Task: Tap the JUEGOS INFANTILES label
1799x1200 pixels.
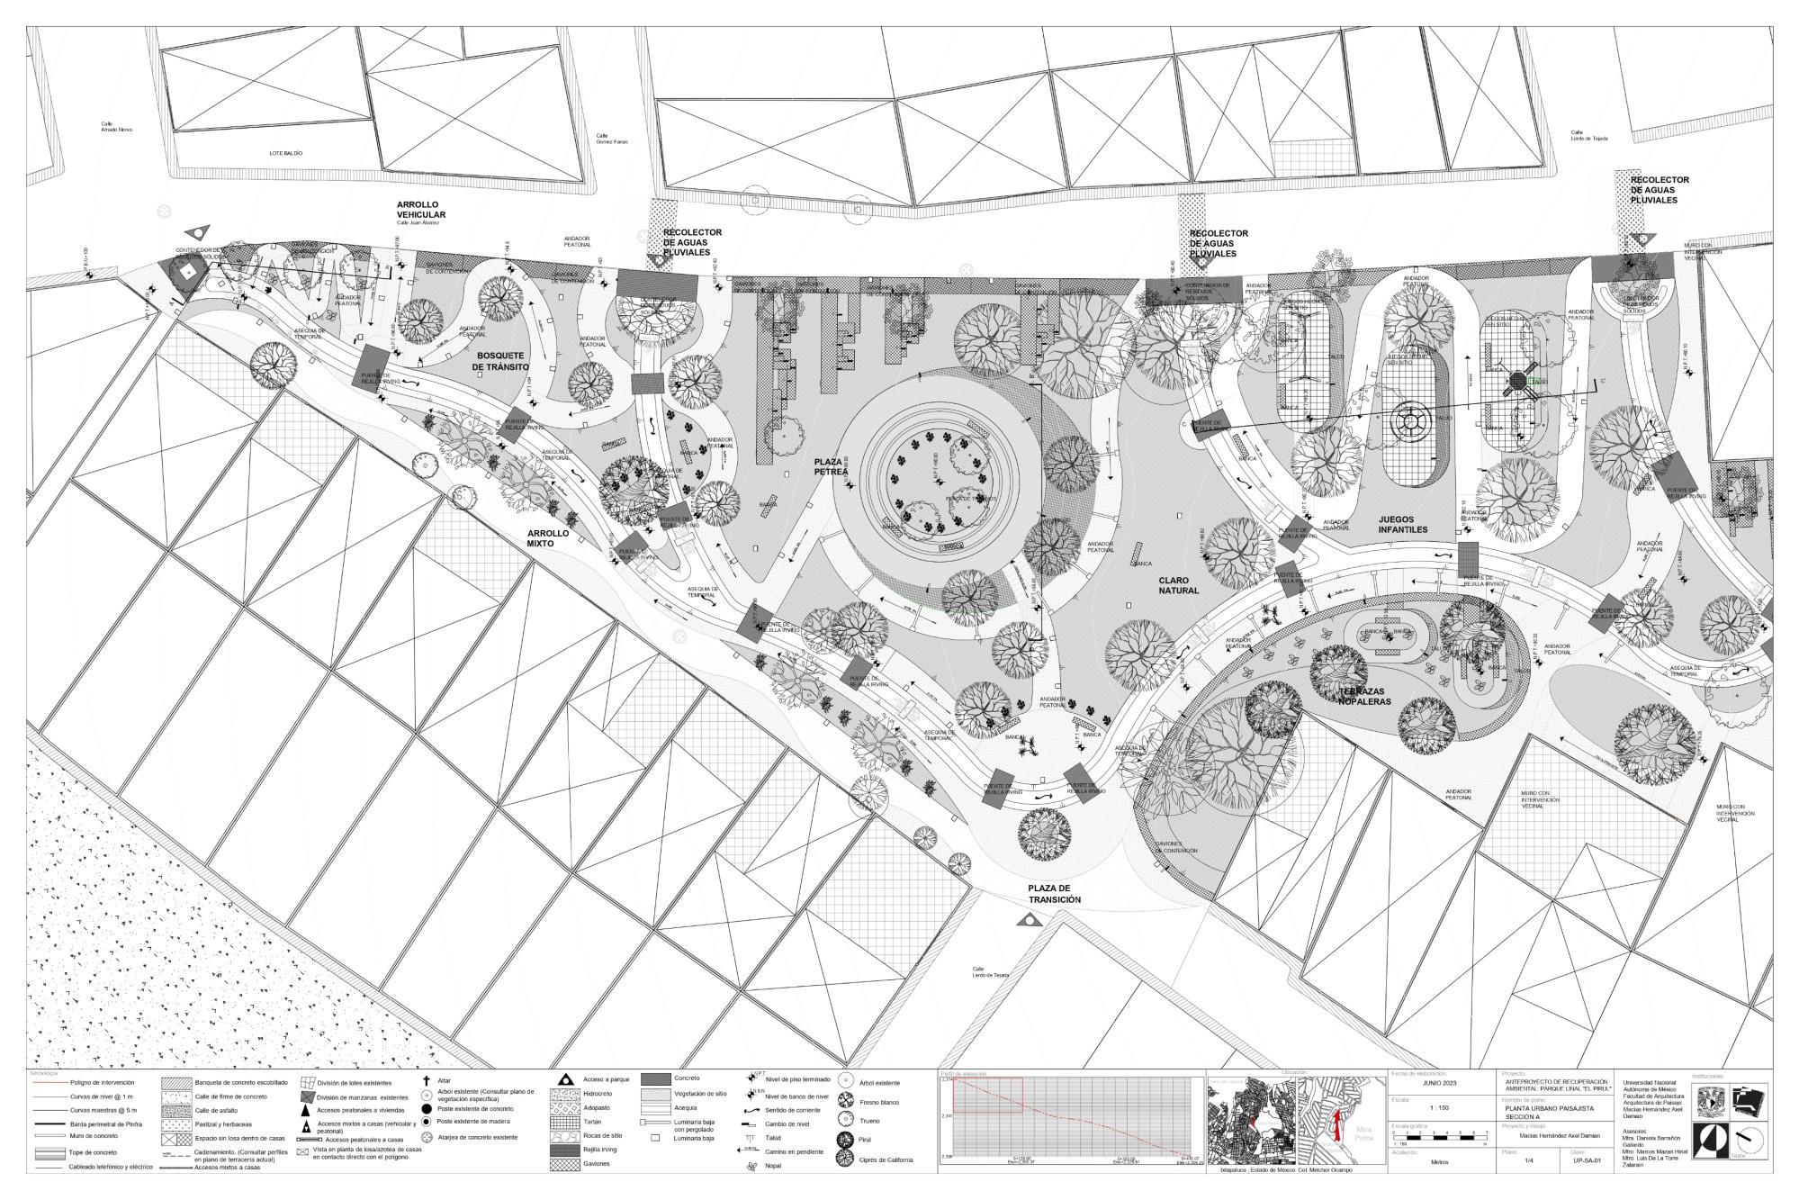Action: [1402, 524]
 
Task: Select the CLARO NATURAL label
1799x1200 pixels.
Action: [1178, 585]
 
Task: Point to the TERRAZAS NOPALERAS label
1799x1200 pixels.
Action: [1363, 696]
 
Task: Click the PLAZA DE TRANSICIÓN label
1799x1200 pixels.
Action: [1054, 894]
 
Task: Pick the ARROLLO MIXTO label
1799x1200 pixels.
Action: [548, 537]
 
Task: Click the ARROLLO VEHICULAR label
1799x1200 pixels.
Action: [420, 210]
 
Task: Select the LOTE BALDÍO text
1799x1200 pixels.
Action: [285, 153]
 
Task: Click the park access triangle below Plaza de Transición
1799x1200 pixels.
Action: [1027, 920]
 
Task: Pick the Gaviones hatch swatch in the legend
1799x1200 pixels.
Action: [564, 1164]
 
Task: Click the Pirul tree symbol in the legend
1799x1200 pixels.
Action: [845, 1140]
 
